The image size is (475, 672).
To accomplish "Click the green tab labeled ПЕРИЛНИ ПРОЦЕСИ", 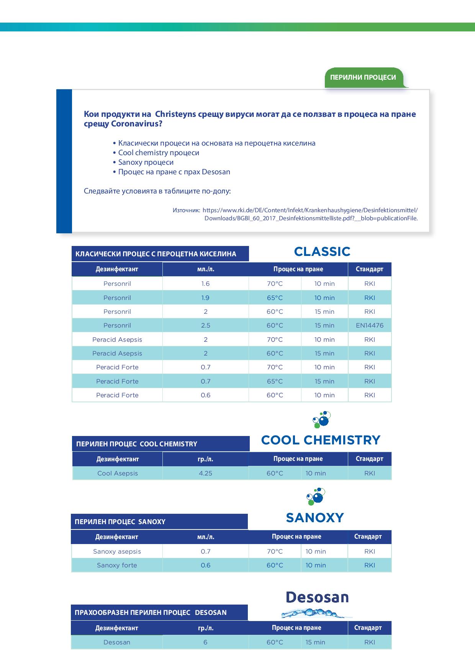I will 363,77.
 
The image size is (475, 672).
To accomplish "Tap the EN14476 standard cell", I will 370,325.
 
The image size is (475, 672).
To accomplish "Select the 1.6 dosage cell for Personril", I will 205,284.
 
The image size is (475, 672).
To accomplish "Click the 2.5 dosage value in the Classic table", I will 205,325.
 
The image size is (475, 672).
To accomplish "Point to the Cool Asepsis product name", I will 117,473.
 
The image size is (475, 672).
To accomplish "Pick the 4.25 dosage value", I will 205,473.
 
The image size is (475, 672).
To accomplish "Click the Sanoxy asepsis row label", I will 117,551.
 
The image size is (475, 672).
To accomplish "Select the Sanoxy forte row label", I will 117,565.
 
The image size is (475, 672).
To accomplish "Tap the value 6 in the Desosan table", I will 205,642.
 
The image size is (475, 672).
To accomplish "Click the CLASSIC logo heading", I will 322,252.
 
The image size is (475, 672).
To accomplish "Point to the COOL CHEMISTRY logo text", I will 321,440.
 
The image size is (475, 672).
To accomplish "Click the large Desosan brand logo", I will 317,597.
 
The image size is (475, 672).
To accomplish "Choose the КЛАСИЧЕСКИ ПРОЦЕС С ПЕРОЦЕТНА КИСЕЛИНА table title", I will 156,254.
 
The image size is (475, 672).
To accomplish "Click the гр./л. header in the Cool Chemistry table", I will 205,459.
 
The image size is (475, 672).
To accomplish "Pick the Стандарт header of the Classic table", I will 369,269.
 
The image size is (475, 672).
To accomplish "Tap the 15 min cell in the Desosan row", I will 315,642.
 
